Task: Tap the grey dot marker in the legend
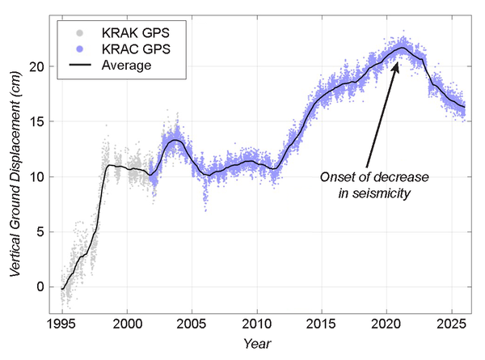pos(78,33)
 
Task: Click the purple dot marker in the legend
pos(78,49)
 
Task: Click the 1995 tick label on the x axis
pos(62,323)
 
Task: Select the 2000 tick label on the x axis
pos(128,323)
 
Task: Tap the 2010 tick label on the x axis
pos(257,323)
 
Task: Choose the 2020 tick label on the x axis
pos(386,323)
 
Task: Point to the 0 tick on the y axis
pos(41,286)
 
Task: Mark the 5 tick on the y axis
pos(41,231)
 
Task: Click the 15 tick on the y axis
pos(38,121)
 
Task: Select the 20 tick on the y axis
pos(38,66)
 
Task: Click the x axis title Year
pos(260,343)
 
